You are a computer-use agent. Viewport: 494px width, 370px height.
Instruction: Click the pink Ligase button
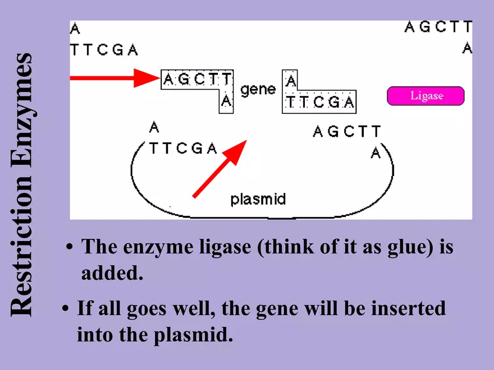426,96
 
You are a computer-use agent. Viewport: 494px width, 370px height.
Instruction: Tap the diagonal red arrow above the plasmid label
220,169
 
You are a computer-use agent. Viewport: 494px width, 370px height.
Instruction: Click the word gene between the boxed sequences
258,89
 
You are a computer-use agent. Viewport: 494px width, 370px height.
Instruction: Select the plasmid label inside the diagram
258,199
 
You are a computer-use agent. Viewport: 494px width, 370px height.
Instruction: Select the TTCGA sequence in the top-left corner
104,50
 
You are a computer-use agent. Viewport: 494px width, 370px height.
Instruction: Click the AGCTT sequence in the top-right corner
438,27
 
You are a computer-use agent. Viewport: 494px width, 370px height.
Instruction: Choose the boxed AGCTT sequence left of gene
197,80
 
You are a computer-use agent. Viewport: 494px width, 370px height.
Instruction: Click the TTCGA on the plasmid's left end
183,149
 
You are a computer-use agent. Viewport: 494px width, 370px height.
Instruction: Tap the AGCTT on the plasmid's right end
346,132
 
